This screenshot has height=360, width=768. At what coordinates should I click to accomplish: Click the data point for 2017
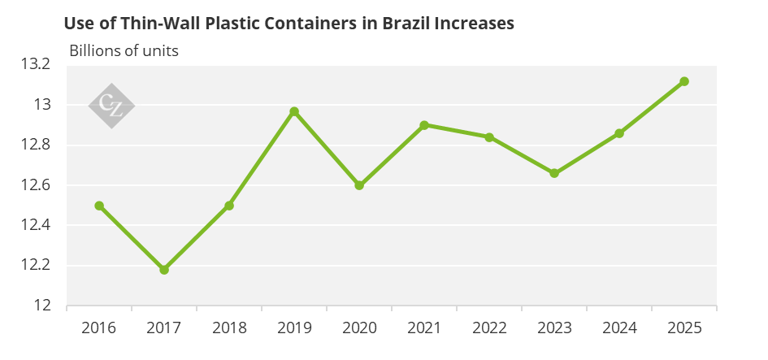[164, 269]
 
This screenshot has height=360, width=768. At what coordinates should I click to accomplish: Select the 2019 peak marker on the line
[294, 111]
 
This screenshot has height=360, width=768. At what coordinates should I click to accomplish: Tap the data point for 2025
[684, 81]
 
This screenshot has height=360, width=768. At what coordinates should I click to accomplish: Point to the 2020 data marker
[359, 185]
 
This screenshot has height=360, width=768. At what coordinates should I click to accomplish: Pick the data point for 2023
[554, 173]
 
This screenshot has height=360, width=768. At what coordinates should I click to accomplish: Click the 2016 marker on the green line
[99, 206]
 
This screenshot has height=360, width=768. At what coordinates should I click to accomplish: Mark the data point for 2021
[424, 125]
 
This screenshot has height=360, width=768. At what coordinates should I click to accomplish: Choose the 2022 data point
[489, 137]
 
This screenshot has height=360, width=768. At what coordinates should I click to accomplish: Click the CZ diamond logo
[111, 106]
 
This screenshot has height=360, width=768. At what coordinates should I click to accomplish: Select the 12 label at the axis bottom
[42, 305]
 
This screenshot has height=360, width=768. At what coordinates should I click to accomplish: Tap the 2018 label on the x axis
[229, 327]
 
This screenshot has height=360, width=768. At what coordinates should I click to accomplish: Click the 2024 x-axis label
[619, 327]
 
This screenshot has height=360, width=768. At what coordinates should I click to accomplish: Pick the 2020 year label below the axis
[359, 327]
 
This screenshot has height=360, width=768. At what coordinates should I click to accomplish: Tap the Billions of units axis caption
[124, 50]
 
